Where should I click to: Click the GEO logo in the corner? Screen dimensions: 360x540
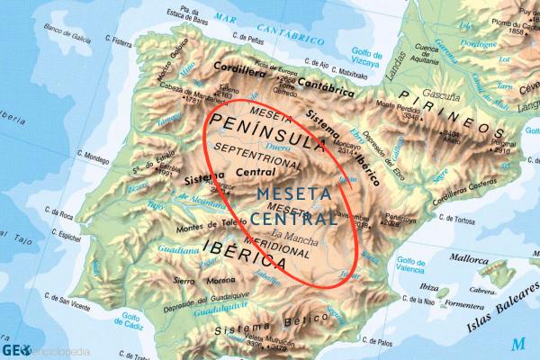(x=13, y=350)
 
